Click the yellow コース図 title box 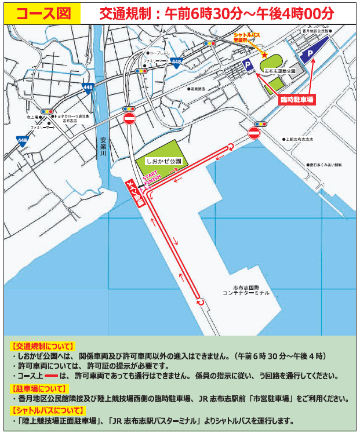click(38, 12)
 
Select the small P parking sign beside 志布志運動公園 click(248, 66)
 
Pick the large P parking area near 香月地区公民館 click(311, 54)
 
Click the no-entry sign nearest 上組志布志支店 click(254, 133)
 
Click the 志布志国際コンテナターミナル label click(246, 290)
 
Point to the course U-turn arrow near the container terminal click(201, 301)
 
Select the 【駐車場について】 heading click(39, 388)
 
